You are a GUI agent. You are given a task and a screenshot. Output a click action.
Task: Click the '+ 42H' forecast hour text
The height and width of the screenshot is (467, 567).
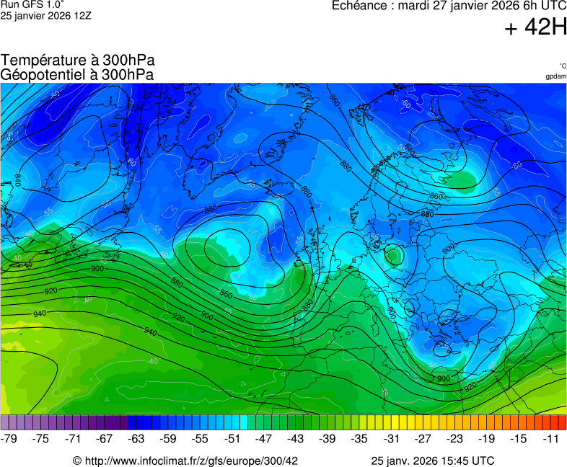tap(535, 28)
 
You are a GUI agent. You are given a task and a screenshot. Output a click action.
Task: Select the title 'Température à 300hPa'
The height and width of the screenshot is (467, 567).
tap(77, 61)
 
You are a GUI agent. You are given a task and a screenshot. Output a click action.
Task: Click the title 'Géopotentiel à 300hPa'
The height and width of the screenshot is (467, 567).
tap(77, 74)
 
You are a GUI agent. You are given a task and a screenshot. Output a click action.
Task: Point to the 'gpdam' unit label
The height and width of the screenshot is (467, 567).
tap(556, 76)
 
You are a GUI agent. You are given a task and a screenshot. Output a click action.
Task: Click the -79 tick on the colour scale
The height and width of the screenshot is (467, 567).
tap(9, 438)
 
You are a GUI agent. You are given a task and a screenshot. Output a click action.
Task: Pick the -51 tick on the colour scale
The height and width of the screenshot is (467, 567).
tap(232, 438)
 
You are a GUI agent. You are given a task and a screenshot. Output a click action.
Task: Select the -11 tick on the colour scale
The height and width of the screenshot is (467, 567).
tap(551, 438)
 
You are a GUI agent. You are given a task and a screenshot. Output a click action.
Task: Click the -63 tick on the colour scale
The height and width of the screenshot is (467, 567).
tap(137, 438)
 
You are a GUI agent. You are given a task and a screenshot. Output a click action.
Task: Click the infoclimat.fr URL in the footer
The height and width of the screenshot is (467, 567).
tap(185, 461)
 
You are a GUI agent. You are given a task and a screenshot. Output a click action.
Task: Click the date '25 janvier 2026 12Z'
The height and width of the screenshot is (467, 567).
tap(45, 16)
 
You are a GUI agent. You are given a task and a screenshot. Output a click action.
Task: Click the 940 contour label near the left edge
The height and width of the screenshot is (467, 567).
tap(40, 313)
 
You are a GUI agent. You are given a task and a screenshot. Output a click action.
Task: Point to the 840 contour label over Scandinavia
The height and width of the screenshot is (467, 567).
tap(410, 150)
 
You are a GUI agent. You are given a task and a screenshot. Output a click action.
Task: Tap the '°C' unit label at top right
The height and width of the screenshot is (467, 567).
tap(562, 66)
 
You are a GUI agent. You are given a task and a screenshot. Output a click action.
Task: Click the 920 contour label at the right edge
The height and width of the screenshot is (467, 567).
tap(470, 386)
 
